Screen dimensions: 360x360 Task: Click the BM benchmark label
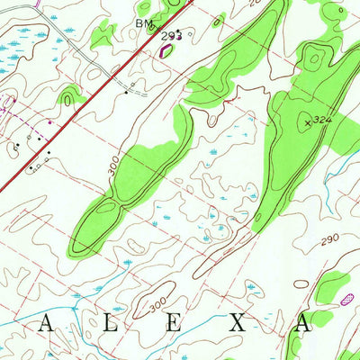144,21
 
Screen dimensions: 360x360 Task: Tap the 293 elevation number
168,37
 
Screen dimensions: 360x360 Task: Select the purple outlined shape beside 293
164,50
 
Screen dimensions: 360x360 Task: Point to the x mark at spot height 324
308,120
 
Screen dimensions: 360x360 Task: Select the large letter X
237,325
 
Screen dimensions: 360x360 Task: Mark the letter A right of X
301,325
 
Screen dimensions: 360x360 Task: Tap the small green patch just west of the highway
70,94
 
